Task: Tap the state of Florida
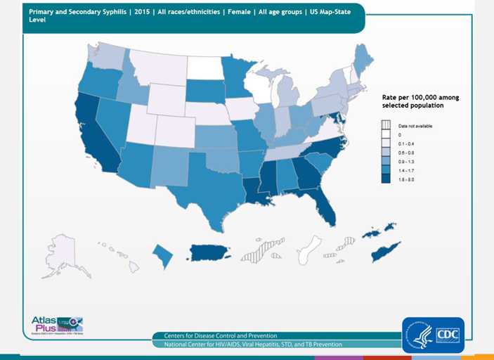tap(324, 204)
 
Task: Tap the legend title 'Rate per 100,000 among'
tap(420, 97)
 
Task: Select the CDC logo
tap(433, 335)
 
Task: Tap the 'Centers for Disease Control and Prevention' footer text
tap(220, 336)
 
